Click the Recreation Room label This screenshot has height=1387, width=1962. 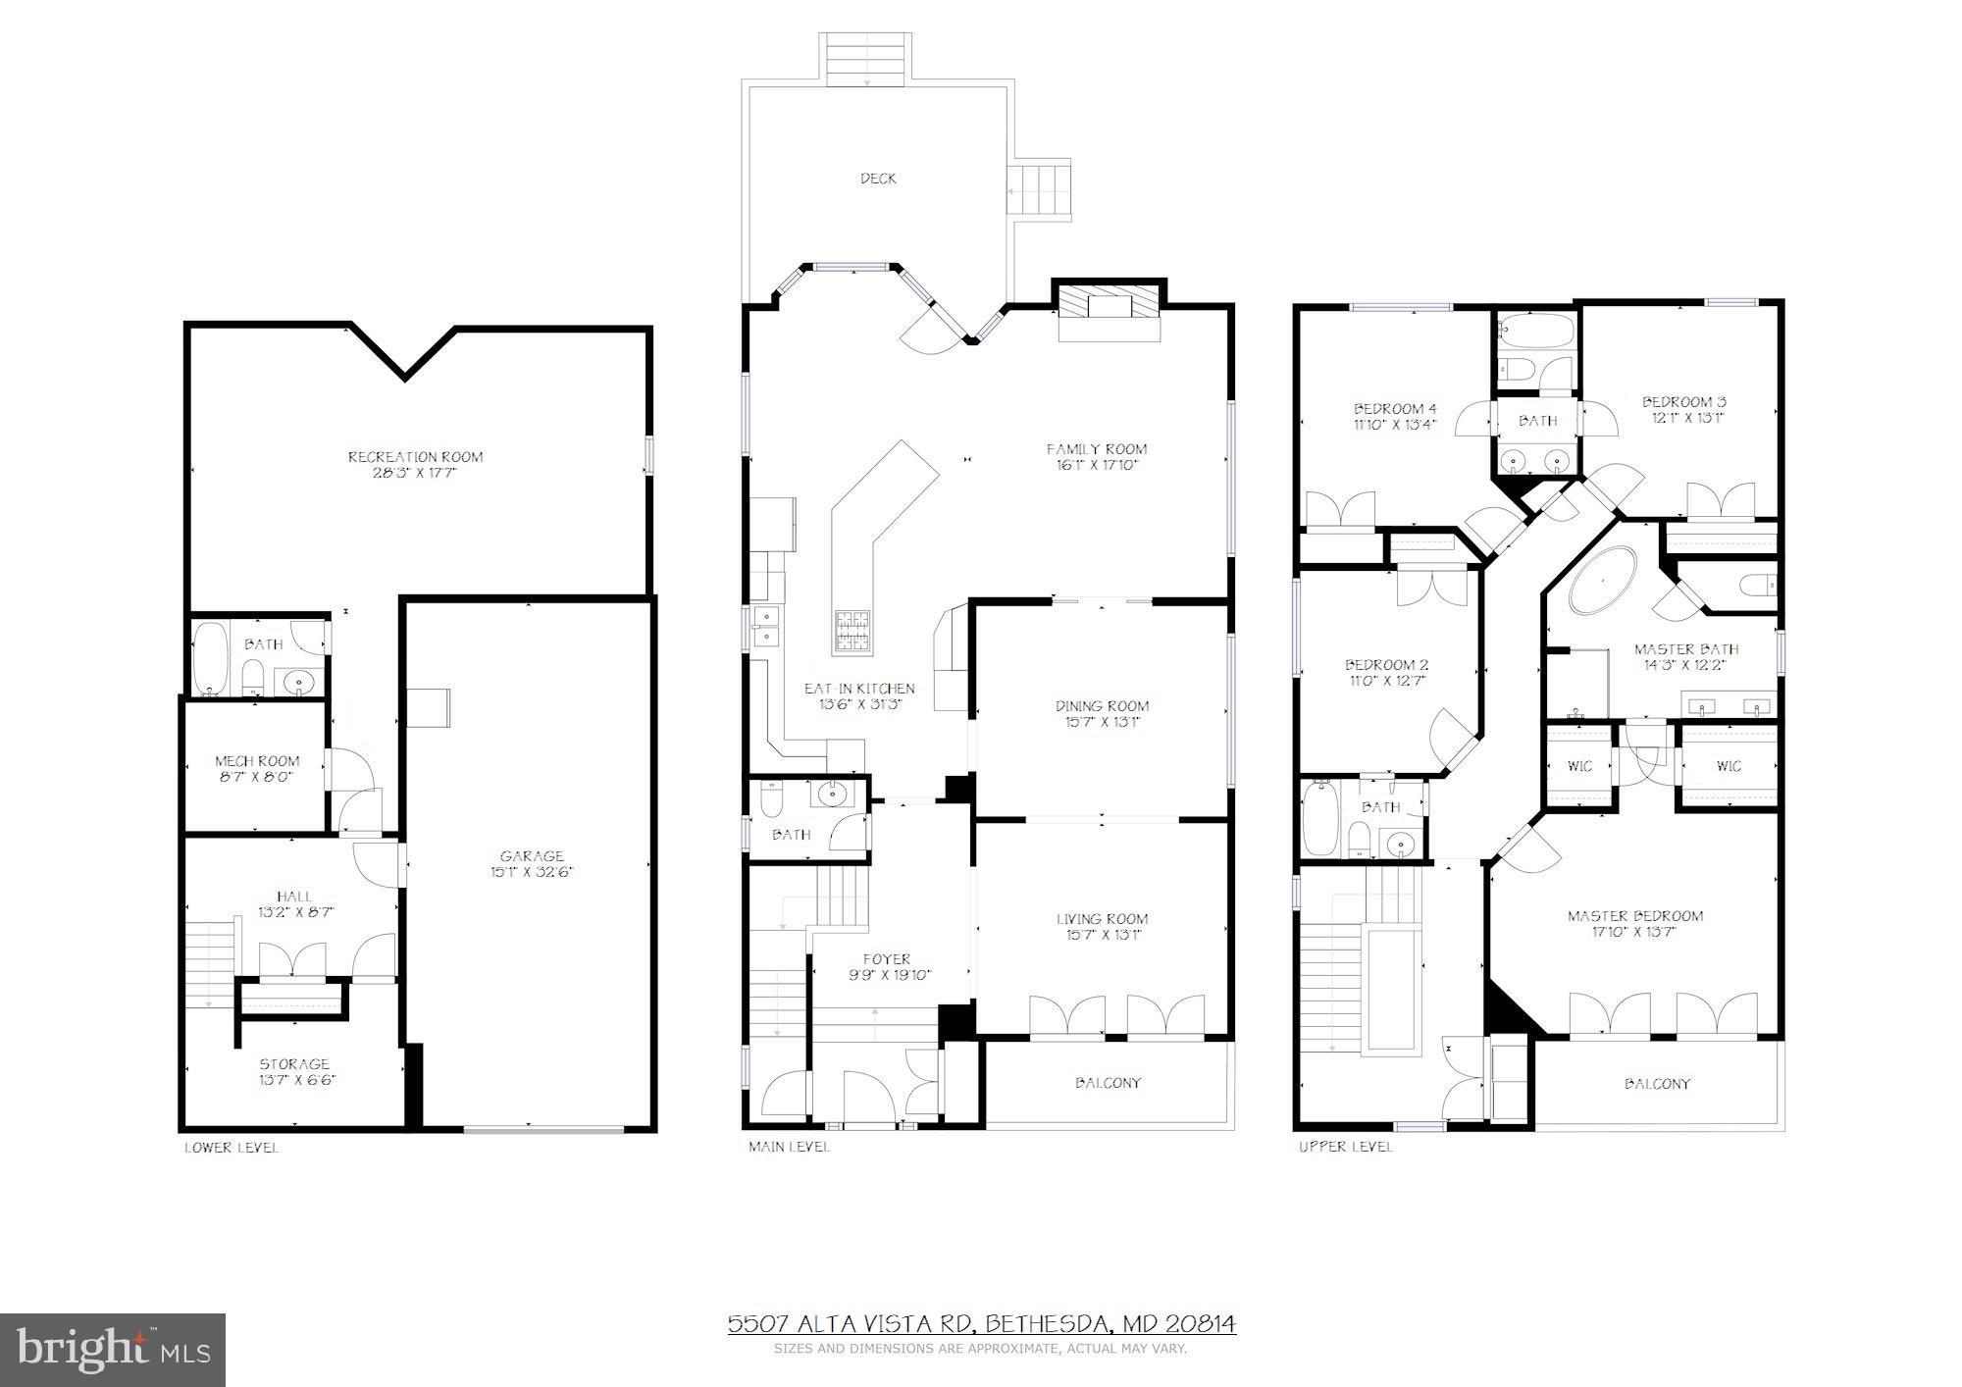[415, 456]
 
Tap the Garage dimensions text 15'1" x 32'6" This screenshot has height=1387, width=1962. [532, 872]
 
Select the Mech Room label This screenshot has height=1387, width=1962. [257, 760]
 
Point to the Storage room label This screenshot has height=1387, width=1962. [294, 1063]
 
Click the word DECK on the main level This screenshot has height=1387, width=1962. [878, 179]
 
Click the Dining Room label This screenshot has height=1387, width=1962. [1102, 705]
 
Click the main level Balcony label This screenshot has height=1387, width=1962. [1108, 1083]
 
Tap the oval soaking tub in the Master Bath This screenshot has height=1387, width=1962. [1602, 581]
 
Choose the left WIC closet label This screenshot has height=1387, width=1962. [1578, 766]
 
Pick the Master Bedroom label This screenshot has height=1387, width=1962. [1634, 916]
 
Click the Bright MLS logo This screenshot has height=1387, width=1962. [113, 1350]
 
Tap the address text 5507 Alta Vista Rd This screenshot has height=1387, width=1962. [850, 1324]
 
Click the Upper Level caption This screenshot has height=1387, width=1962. [1344, 1146]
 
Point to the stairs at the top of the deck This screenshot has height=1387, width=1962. [866, 59]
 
